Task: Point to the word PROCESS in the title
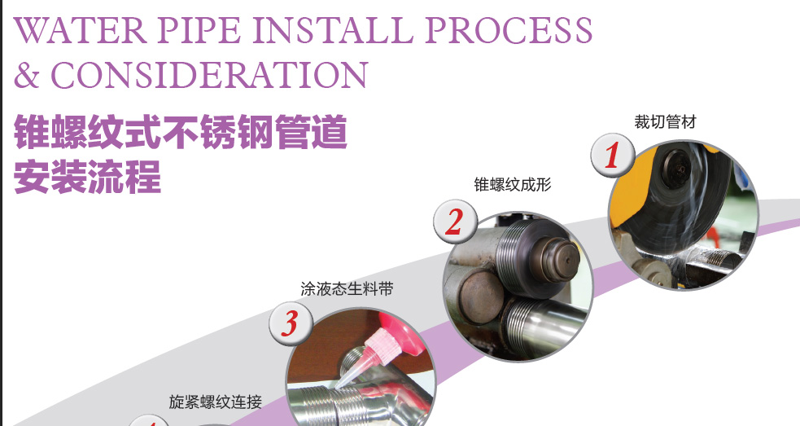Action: pos(508,30)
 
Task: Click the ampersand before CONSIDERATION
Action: pos(27,75)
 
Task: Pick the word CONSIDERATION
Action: pos(208,75)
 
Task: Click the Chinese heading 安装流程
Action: pos(88,177)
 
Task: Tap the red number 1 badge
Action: pos(613,156)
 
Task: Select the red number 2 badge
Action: pos(455,222)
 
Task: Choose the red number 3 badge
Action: pos(291,323)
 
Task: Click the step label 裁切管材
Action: pos(665,121)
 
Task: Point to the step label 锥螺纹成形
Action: pos(512,184)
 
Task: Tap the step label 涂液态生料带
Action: pos(347,289)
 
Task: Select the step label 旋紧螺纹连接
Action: pos(216,402)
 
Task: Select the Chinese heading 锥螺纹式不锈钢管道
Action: pos(181,132)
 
